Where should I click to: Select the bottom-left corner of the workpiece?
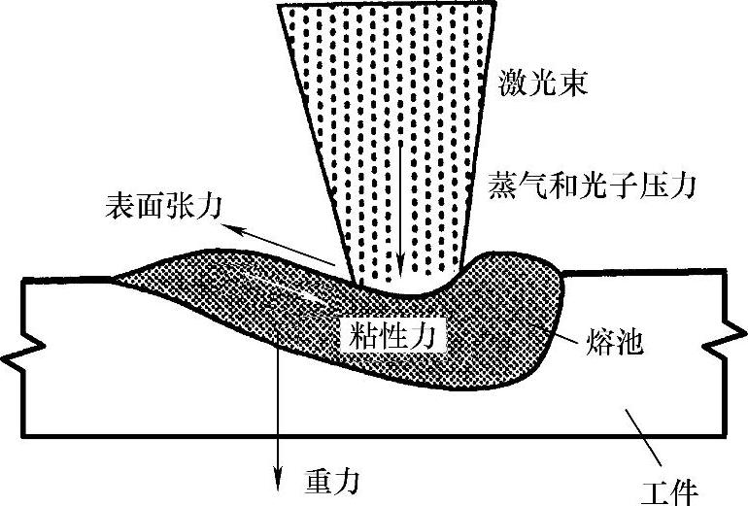click(x=22, y=433)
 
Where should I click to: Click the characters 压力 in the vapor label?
click(x=672, y=184)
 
